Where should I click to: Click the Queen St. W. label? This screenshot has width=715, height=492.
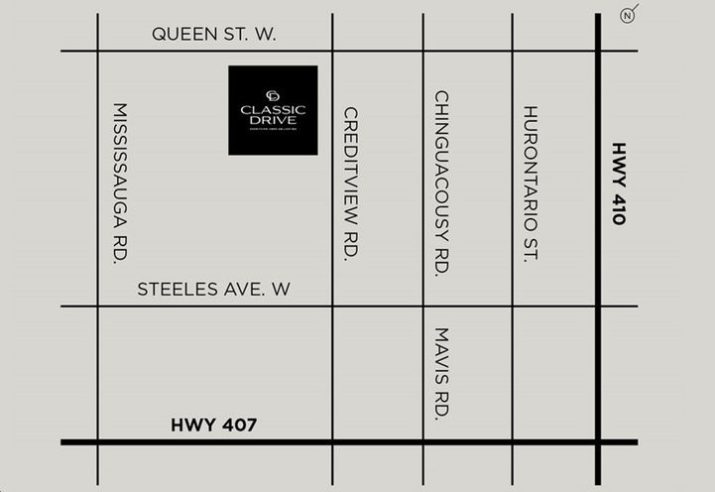[213, 35]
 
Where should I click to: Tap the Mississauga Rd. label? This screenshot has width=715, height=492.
[121, 183]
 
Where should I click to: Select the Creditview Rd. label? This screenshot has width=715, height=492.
[350, 184]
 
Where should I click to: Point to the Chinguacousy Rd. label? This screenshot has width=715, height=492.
[442, 184]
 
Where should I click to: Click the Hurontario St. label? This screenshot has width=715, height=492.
[530, 183]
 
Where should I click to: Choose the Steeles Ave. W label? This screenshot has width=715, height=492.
[213, 290]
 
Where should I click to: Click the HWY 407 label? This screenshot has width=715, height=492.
[213, 426]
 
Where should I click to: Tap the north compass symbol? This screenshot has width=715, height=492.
[627, 15]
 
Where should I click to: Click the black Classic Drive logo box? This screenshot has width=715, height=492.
[273, 110]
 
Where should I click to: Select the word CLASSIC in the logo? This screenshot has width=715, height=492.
[273, 109]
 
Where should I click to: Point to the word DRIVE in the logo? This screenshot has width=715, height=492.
[273, 120]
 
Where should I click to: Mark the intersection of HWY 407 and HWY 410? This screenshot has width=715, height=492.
[599, 441]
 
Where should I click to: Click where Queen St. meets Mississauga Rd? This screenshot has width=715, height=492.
[97, 51]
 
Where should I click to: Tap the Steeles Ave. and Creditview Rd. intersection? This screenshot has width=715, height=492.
[332, 306]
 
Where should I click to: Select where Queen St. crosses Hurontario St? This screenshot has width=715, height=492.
[513, 51]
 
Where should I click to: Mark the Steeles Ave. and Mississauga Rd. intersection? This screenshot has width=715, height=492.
[97, 306]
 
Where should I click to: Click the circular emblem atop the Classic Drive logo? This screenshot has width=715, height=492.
[273, 95]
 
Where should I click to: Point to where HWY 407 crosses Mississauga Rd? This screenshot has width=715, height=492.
[97, 441]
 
